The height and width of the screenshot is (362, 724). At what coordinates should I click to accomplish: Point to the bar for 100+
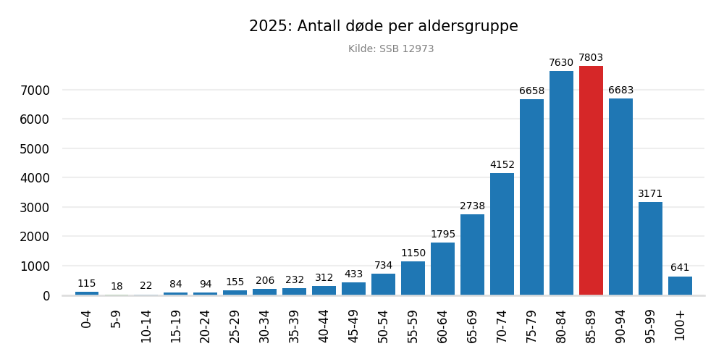tap(680, 285)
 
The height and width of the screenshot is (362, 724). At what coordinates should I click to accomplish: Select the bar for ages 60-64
tap(442, 269)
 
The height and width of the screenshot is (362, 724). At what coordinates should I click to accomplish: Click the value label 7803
tap(591, 58)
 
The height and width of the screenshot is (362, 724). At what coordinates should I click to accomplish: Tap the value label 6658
tap(531, 91)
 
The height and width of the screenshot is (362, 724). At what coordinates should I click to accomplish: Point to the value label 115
tap(87, 284)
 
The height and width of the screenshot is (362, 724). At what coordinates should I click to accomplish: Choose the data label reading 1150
tap(413, 253)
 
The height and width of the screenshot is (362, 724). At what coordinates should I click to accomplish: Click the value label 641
tap(680, 268)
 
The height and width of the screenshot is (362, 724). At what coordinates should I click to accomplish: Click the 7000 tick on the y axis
tap(35, 90)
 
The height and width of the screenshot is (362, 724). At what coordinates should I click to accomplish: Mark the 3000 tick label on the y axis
tap(35, 208)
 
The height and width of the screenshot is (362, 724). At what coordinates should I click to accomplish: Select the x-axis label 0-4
tap(87, 319)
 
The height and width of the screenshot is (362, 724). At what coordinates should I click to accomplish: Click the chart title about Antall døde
tap(383, 27)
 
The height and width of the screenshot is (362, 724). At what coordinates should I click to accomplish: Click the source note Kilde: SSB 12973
tap(391, 49)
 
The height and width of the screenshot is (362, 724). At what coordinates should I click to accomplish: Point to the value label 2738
tap(472, 206)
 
